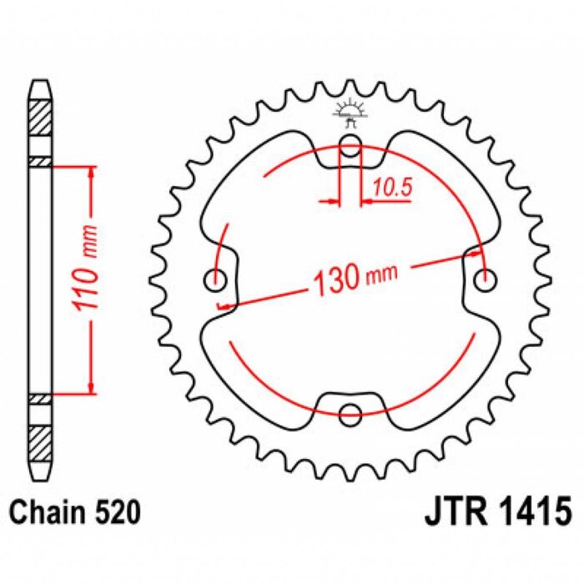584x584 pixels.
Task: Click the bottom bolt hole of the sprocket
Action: click(352, 411)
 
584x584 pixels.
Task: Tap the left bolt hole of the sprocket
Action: click(219, 280)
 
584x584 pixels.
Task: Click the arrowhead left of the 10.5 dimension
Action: click(336, 201)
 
